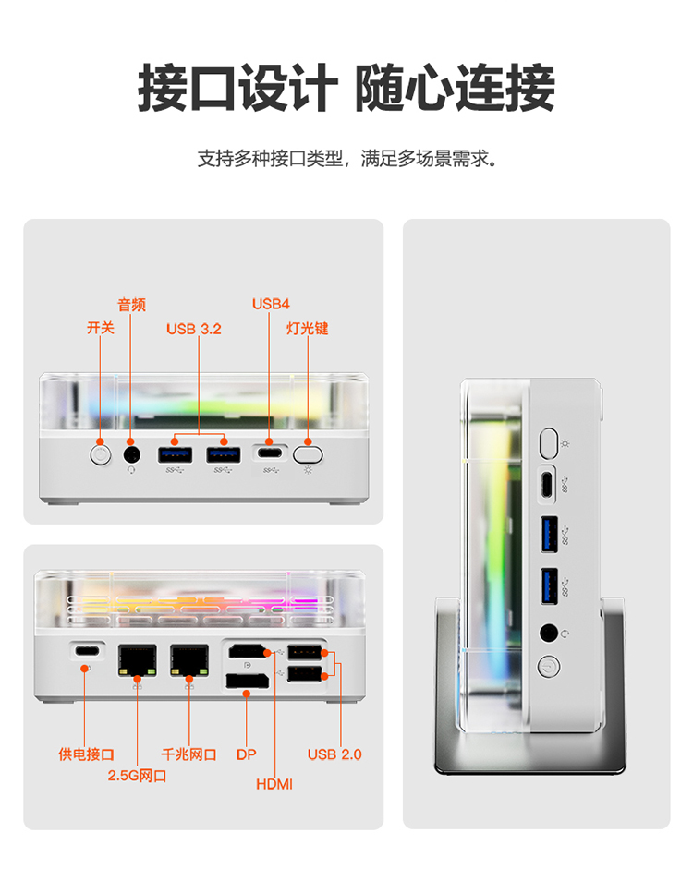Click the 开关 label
101,328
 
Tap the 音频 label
131,306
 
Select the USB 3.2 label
194,328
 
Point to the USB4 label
271,304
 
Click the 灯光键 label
308,328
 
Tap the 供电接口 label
87,754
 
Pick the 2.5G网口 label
137,776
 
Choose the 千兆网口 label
188,754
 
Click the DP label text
246,754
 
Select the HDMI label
274,784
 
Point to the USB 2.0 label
334,754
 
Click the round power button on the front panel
101,453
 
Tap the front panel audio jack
131,453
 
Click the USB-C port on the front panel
269,454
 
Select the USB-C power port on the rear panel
86,649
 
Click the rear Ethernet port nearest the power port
137,659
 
